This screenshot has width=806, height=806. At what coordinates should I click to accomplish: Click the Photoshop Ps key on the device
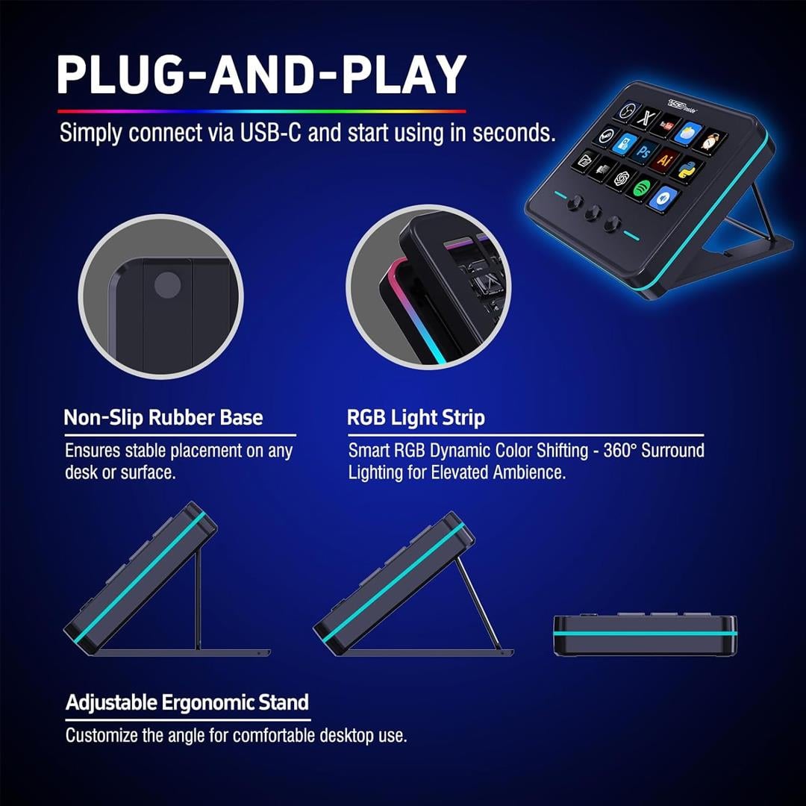coord(644,151)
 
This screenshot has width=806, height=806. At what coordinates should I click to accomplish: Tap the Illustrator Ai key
coord(665,160)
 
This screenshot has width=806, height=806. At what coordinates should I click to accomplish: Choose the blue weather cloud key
coord(688,133)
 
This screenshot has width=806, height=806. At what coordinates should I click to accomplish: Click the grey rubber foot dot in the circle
coord(168,285)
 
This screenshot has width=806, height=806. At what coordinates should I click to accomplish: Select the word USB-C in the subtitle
coord(270,133)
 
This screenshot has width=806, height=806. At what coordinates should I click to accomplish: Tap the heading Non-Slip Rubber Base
coord(163,417)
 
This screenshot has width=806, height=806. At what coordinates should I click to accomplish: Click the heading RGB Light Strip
coord(416,417)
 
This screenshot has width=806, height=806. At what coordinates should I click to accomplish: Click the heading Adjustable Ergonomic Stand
coord(187,702)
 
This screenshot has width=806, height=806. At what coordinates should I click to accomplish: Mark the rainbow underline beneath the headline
coord(262,111)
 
